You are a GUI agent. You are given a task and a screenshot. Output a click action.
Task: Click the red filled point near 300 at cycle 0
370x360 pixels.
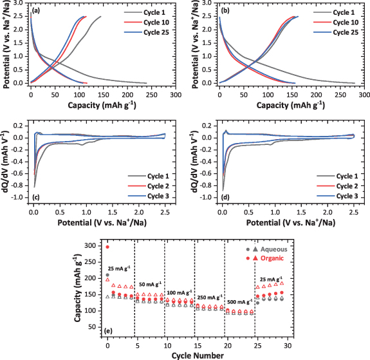(x=107, y=247)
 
